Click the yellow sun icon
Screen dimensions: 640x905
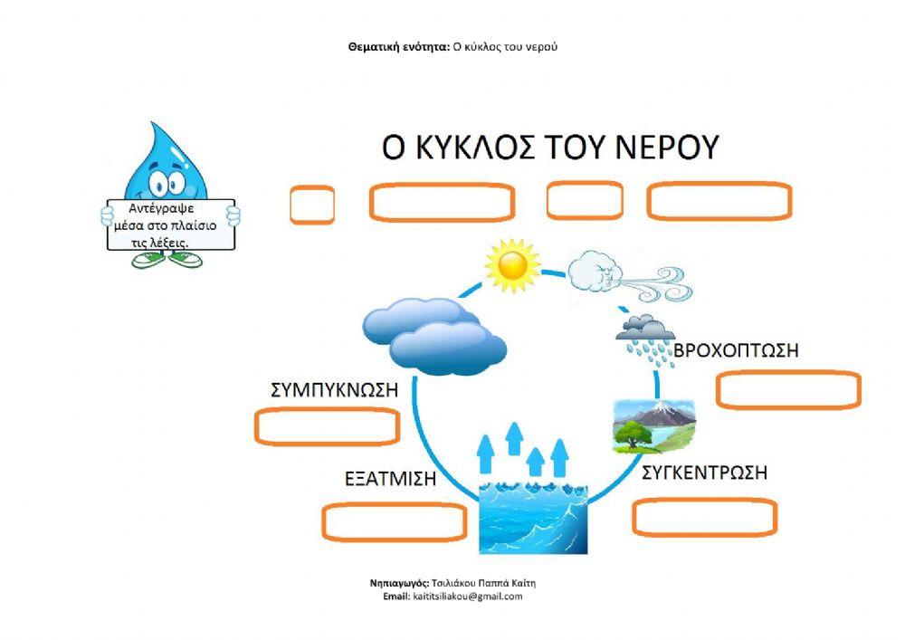tap(511, 263)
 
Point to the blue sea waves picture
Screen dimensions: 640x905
tap(532, 515)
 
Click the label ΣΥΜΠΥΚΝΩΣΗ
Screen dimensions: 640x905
tap(335, 390)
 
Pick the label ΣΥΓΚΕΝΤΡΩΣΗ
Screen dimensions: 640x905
tap(704, 472)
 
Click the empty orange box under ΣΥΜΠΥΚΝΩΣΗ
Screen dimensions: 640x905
tap(327, 427)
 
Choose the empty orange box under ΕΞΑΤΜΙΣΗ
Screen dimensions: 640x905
tap(394, 521)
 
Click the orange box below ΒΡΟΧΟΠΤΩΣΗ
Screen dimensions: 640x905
tap(788, 390)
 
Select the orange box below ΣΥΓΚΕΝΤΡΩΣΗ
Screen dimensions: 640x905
tap(704, 517)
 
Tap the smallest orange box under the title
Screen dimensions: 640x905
tap(312, 205)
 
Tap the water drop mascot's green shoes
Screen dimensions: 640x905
tap(167, 260)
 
